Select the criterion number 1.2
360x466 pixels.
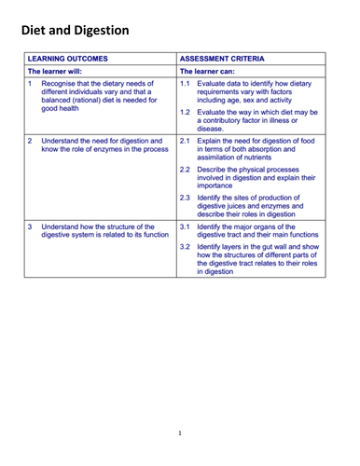tap(185, 112)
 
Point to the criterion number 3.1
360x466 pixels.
tap(185, 226)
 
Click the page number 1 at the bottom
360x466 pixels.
tap(180, 434)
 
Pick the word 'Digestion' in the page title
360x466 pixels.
tap(114, 30)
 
